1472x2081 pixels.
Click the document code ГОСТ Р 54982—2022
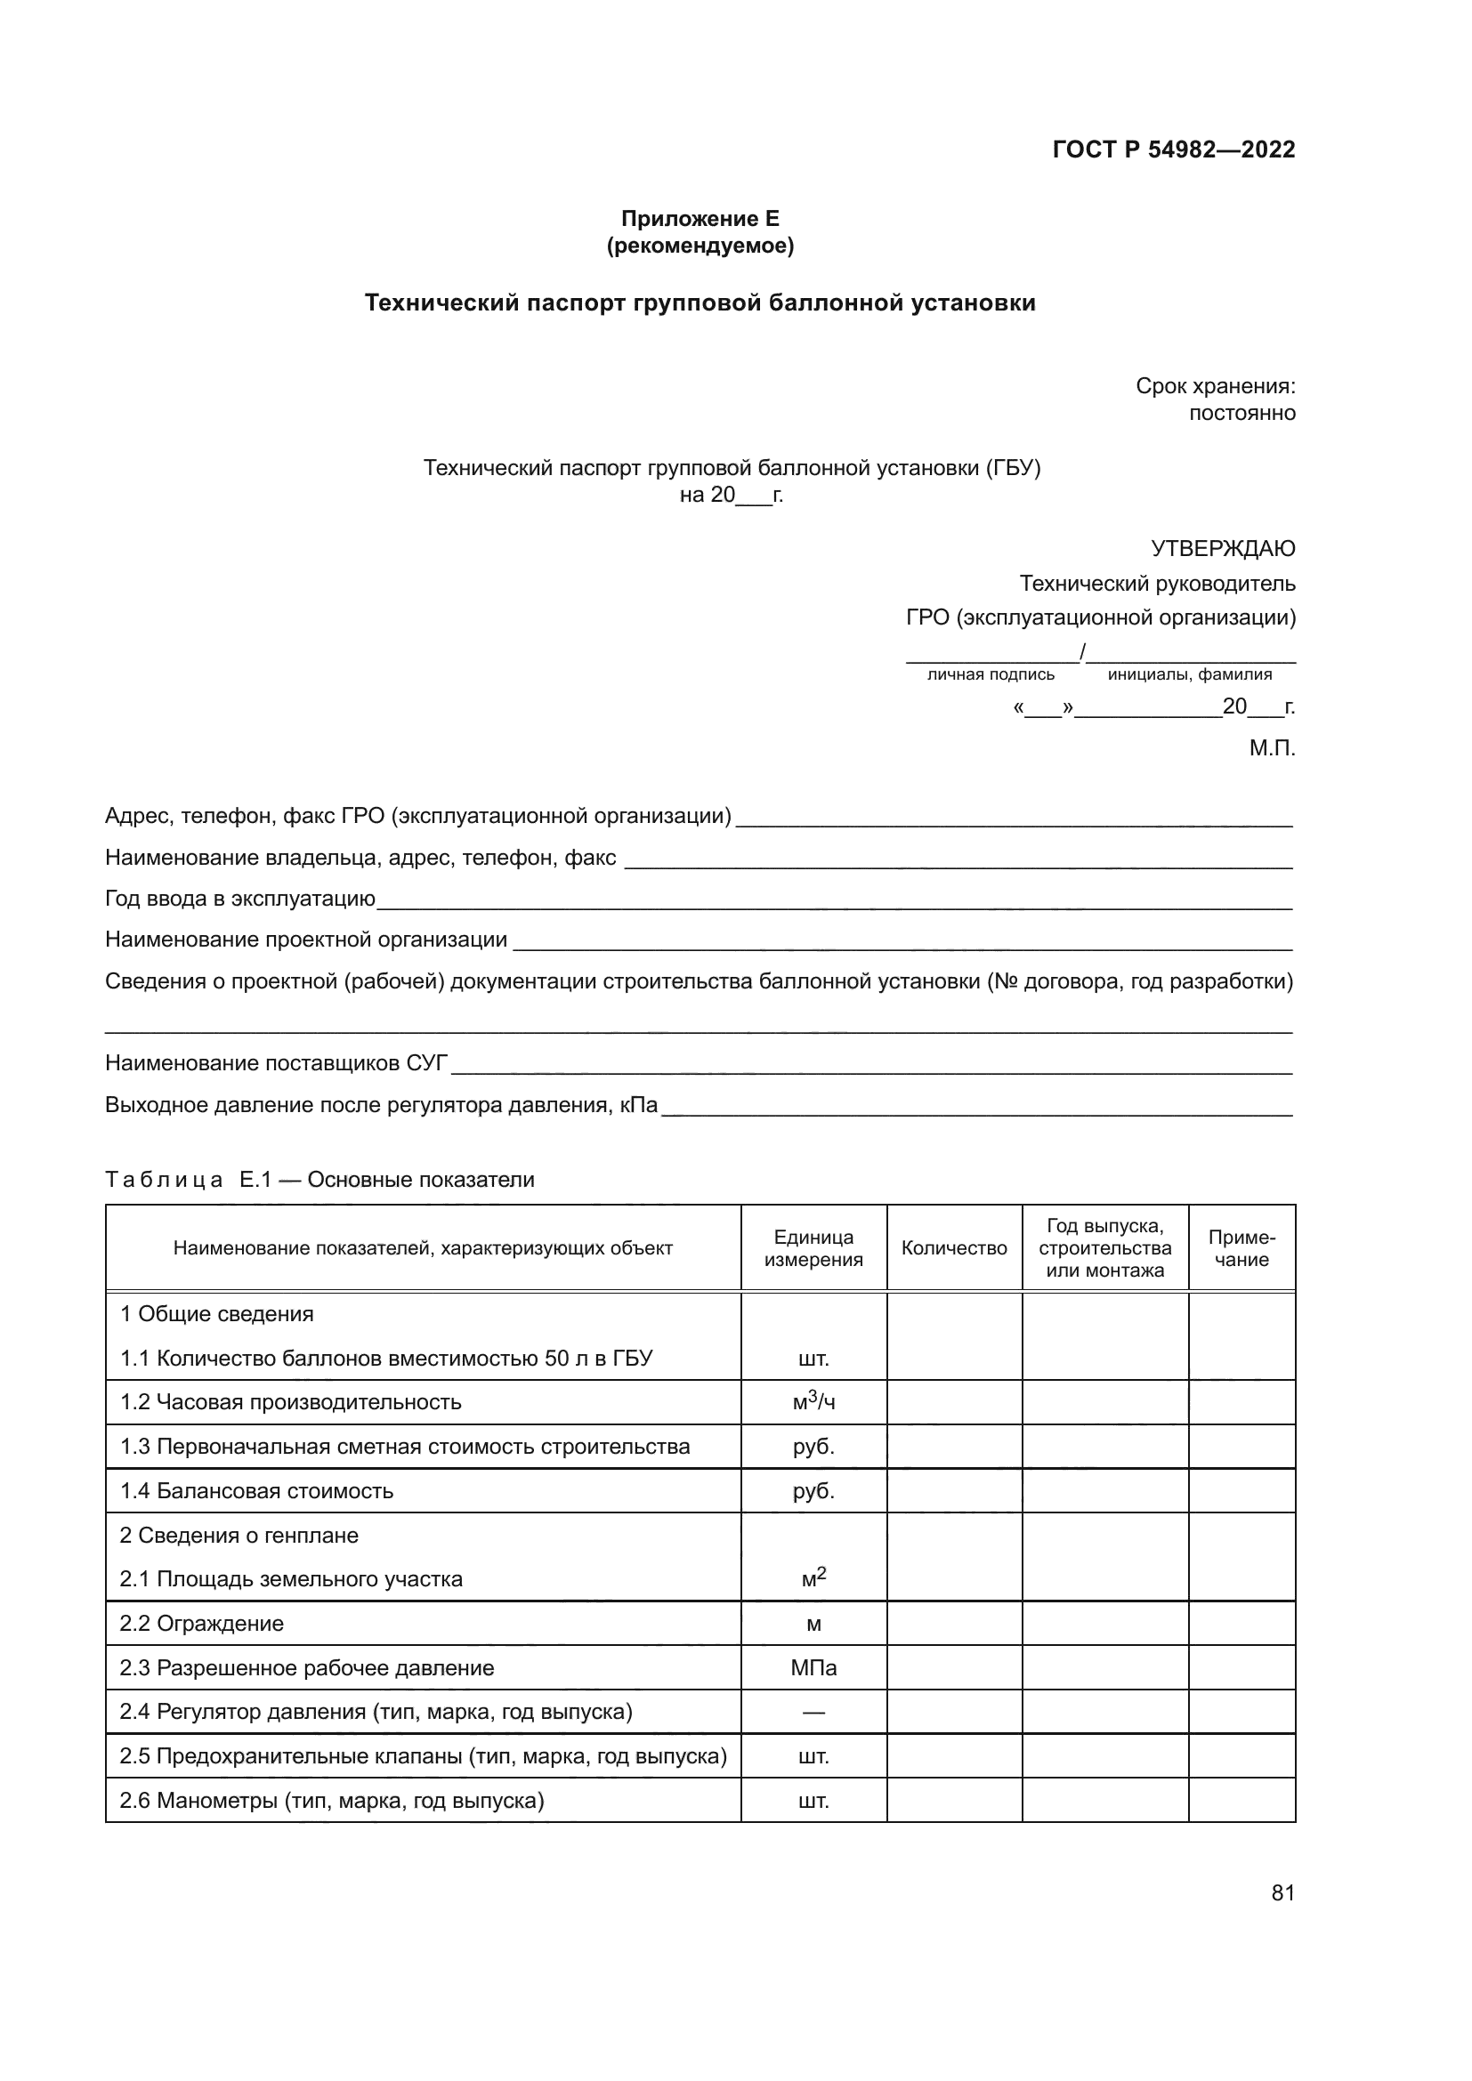point(1173,149)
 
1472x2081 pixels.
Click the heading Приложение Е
point(700,219)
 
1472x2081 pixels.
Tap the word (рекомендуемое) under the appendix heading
point(700,246)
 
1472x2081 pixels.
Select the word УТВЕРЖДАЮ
point(1222,548)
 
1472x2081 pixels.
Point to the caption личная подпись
point(990,674)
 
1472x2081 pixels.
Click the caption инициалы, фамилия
point(1189,674)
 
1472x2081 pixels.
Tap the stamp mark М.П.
point(1272,747)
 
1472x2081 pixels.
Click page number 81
point(1282,1892)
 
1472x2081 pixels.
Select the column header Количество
point(953,1248)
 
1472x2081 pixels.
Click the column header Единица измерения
point(813,1248)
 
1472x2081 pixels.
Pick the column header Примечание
point(1241,1248)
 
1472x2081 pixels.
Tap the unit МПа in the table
point(813,1667)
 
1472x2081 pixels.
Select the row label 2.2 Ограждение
point(201,1624)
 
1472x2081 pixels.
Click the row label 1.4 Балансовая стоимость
point(256,1491)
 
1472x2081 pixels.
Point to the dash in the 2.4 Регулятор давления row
point(813,1712)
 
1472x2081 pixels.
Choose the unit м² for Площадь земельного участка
point(813,1578)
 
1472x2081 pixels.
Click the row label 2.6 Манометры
point(331,1800)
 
